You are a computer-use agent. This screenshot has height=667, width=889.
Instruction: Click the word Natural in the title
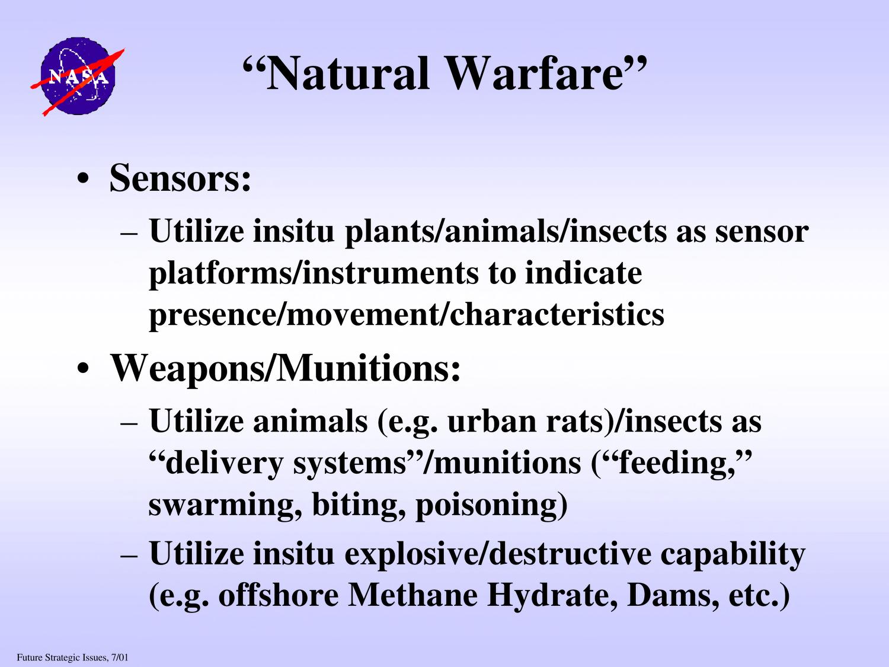[348, 74]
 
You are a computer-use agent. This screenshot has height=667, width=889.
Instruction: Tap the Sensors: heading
[180, 178]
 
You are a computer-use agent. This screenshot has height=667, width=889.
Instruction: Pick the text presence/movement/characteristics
[407, 315]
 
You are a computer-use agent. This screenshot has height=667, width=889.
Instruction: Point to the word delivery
[225, 464]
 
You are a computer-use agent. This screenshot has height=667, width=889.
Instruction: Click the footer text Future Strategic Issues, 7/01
[72, 658]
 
